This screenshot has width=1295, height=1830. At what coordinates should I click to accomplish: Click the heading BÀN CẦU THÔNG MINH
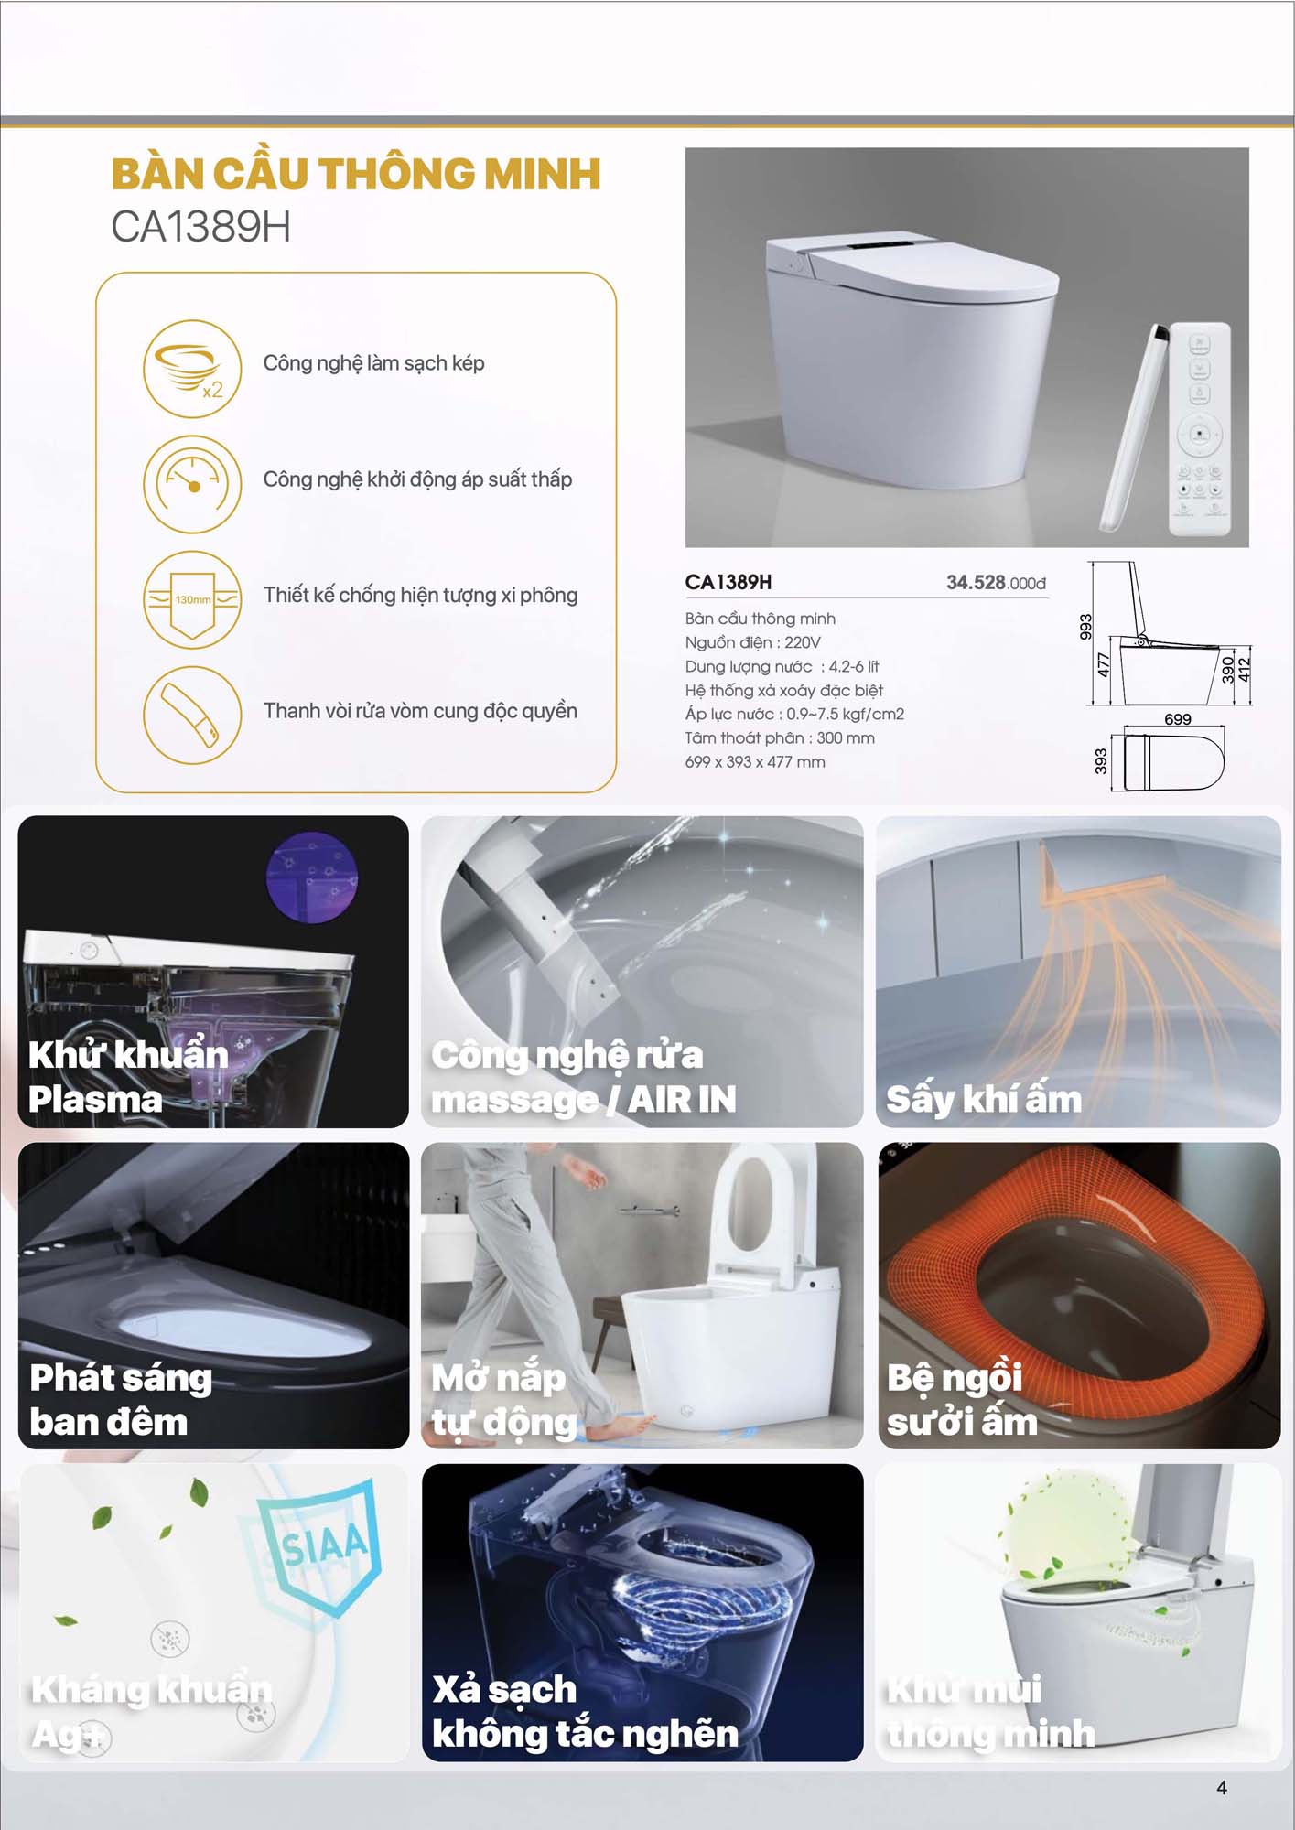click(356, 174)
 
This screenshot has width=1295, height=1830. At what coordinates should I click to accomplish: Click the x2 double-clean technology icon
click(192, 369)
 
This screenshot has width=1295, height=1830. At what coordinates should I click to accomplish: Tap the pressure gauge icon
click(192, 484)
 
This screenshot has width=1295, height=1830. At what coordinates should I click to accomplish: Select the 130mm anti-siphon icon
click(192, 599)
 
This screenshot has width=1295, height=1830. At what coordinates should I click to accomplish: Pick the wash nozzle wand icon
click(192, 715)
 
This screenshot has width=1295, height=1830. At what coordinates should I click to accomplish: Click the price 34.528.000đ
click(996, 583)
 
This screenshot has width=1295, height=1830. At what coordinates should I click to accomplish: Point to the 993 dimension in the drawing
click(1085, 627)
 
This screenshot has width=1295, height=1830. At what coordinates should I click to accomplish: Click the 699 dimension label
click(1178, 719)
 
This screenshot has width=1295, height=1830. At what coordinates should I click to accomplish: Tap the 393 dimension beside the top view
click(1101, 761)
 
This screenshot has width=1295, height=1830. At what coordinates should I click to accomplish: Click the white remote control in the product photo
click(1200, 429)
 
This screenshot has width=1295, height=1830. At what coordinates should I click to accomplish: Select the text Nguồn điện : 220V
click(752, 642)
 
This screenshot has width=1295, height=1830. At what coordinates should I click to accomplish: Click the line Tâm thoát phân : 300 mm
click(780, 737)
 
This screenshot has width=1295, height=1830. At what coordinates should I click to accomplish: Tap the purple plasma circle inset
click(312, 877)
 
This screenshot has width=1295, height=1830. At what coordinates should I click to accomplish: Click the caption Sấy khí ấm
click(984, 1099)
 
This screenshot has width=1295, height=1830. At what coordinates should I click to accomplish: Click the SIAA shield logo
click(320, 1546)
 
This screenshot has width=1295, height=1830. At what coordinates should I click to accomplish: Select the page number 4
click(1222, 1788)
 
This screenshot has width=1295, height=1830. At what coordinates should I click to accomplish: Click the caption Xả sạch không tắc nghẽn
click(585, 1711)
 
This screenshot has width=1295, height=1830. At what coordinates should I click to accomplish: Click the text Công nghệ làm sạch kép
click(373, 363)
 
